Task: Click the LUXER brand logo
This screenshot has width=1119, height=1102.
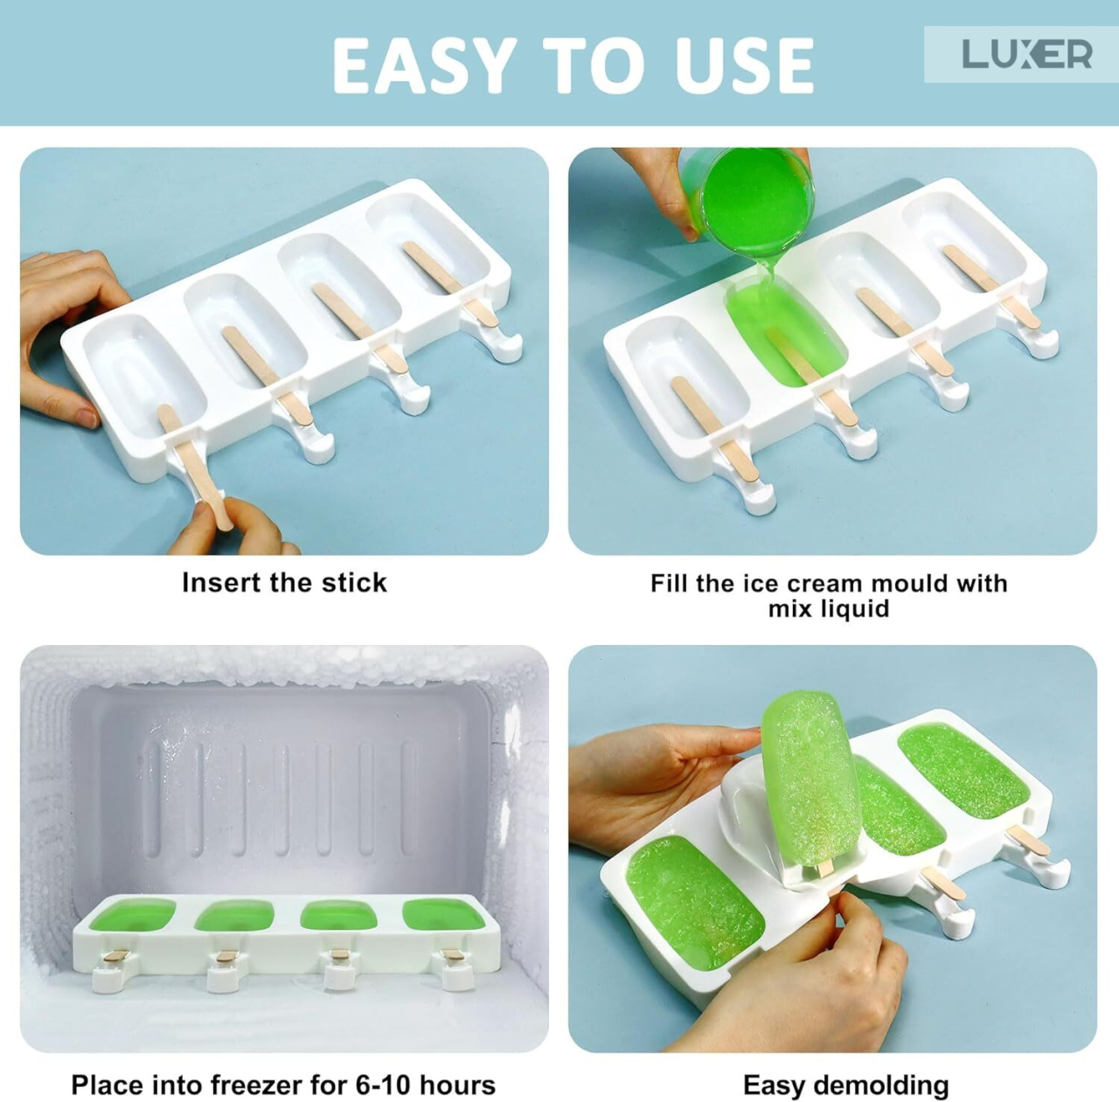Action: [1026, 54]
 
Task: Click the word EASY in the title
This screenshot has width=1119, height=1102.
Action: [424, 66]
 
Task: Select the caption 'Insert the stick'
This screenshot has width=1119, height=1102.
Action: [284, 583]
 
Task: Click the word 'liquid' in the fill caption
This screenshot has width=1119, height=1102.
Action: [828, 609]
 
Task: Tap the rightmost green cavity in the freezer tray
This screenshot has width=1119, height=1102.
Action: [438, 914]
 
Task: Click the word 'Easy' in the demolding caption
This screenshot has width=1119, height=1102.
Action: [774, 1085]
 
